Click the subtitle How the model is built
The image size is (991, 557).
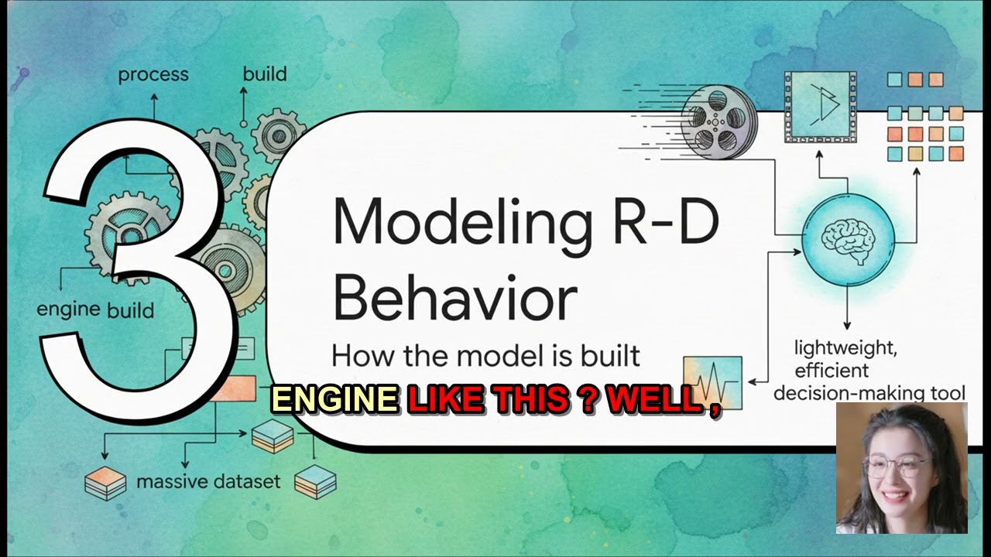(485, 356)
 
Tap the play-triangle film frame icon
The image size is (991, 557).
(820, 106)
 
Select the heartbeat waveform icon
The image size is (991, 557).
(712, 383)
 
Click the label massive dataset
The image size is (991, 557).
(208, 482)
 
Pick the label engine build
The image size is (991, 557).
(95, 309)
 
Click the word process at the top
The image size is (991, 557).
(153, 75)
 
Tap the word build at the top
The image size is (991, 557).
(265, 74)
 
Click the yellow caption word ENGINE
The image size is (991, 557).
(334, 399)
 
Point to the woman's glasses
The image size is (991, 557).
(900, 466)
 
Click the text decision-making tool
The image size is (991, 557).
(869, 393)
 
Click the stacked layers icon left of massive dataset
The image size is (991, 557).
(105, 484)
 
